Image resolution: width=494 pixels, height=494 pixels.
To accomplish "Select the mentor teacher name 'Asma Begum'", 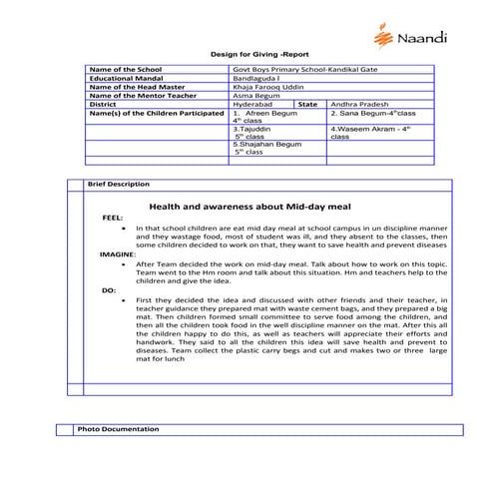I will pos(255,94).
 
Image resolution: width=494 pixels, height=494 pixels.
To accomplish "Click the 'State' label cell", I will pos(307,103).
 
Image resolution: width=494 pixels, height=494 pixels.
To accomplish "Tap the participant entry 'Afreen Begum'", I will pos(273,112).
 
